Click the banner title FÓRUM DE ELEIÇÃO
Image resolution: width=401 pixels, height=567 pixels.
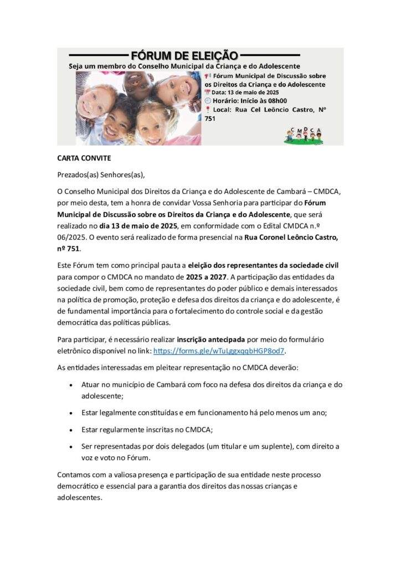184,55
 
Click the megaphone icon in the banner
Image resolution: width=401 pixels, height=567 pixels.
208,76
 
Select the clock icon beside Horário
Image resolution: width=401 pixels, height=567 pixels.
208,101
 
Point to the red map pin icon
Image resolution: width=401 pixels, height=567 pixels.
208,110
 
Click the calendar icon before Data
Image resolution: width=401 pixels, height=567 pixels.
208,92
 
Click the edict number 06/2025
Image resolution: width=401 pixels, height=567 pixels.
71,235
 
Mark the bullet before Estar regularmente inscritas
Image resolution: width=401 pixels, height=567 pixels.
71,429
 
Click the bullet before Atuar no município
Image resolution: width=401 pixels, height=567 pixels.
71,384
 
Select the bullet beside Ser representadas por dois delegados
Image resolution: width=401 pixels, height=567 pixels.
71,446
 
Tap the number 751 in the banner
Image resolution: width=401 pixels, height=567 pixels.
210,118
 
